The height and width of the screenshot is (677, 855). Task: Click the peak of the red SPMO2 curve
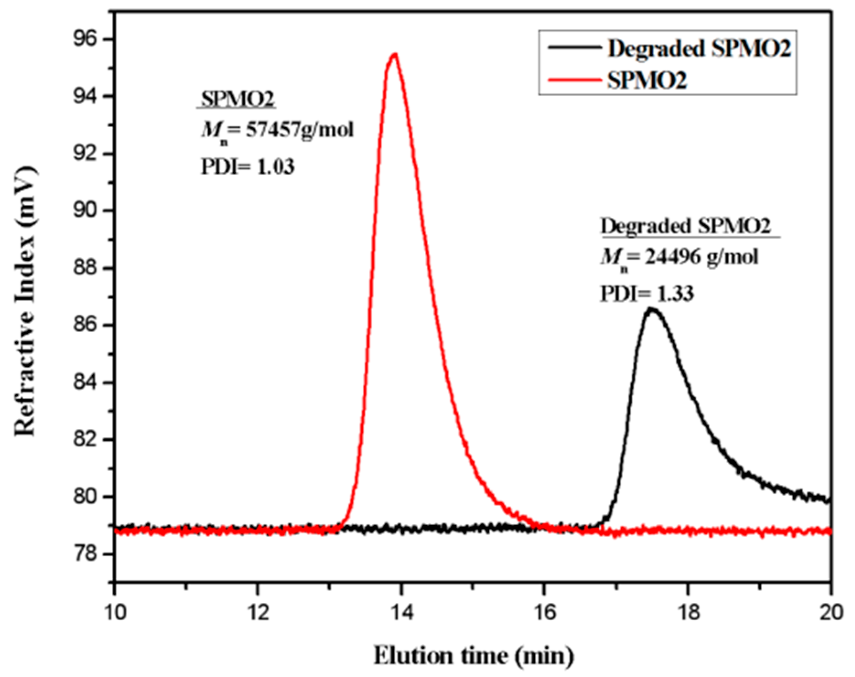tap(394, 54)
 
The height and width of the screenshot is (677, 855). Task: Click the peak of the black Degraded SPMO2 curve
tap(651, 310)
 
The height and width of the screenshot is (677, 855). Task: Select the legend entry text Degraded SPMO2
tap(699, 48)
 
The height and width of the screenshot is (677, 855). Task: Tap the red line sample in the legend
tap(574, 81)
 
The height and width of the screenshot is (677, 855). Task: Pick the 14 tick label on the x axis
tap(401, 613)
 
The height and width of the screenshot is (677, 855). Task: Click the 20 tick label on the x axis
tap(830, 613)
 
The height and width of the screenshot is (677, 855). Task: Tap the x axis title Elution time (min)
tap(473, 656)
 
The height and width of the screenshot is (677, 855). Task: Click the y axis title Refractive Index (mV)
tap(25, 302)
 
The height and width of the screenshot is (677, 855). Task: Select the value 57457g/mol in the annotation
tap(300, 130)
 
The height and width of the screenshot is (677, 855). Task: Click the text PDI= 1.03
tap(247, 167)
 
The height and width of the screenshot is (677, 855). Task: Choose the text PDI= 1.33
tap(647, 294)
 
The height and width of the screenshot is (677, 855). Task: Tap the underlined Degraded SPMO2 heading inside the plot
tap(685, 226)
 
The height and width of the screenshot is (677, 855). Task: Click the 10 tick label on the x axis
tap(114, 613)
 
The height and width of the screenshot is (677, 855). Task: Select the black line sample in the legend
tap(574, 48)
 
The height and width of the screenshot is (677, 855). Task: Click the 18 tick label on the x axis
tap(687, 613)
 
